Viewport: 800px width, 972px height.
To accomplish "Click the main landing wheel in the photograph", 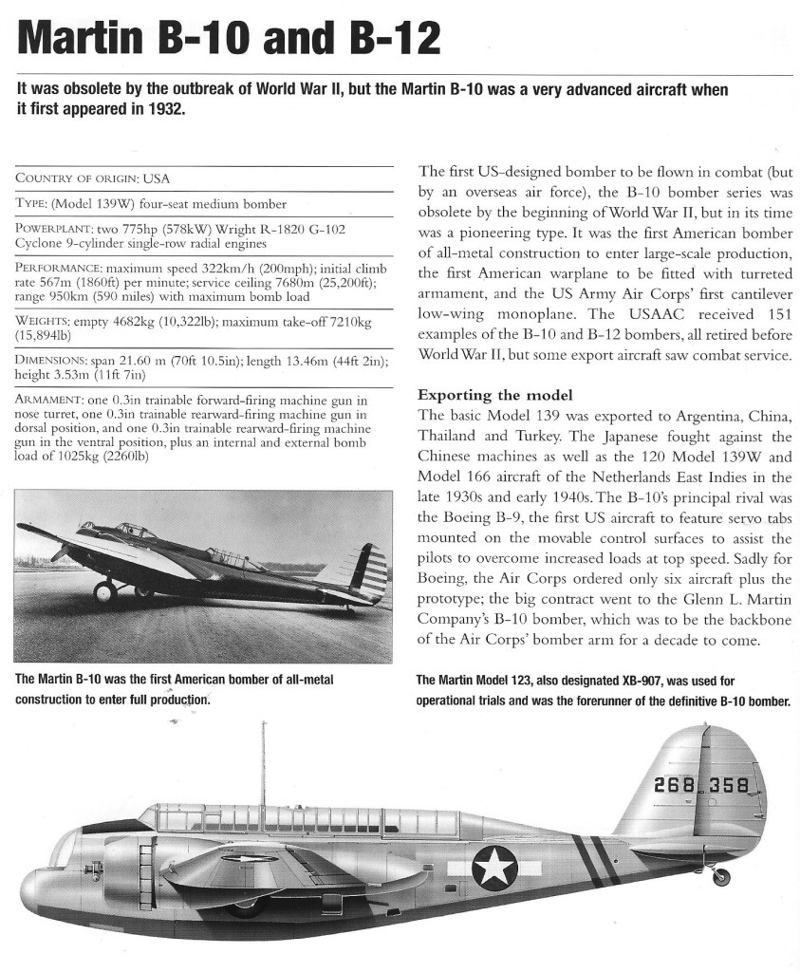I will coord(105,592).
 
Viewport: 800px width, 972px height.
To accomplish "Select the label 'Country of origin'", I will coord(77,178).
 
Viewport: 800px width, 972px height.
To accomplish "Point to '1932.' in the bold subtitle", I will coord(158,108).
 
